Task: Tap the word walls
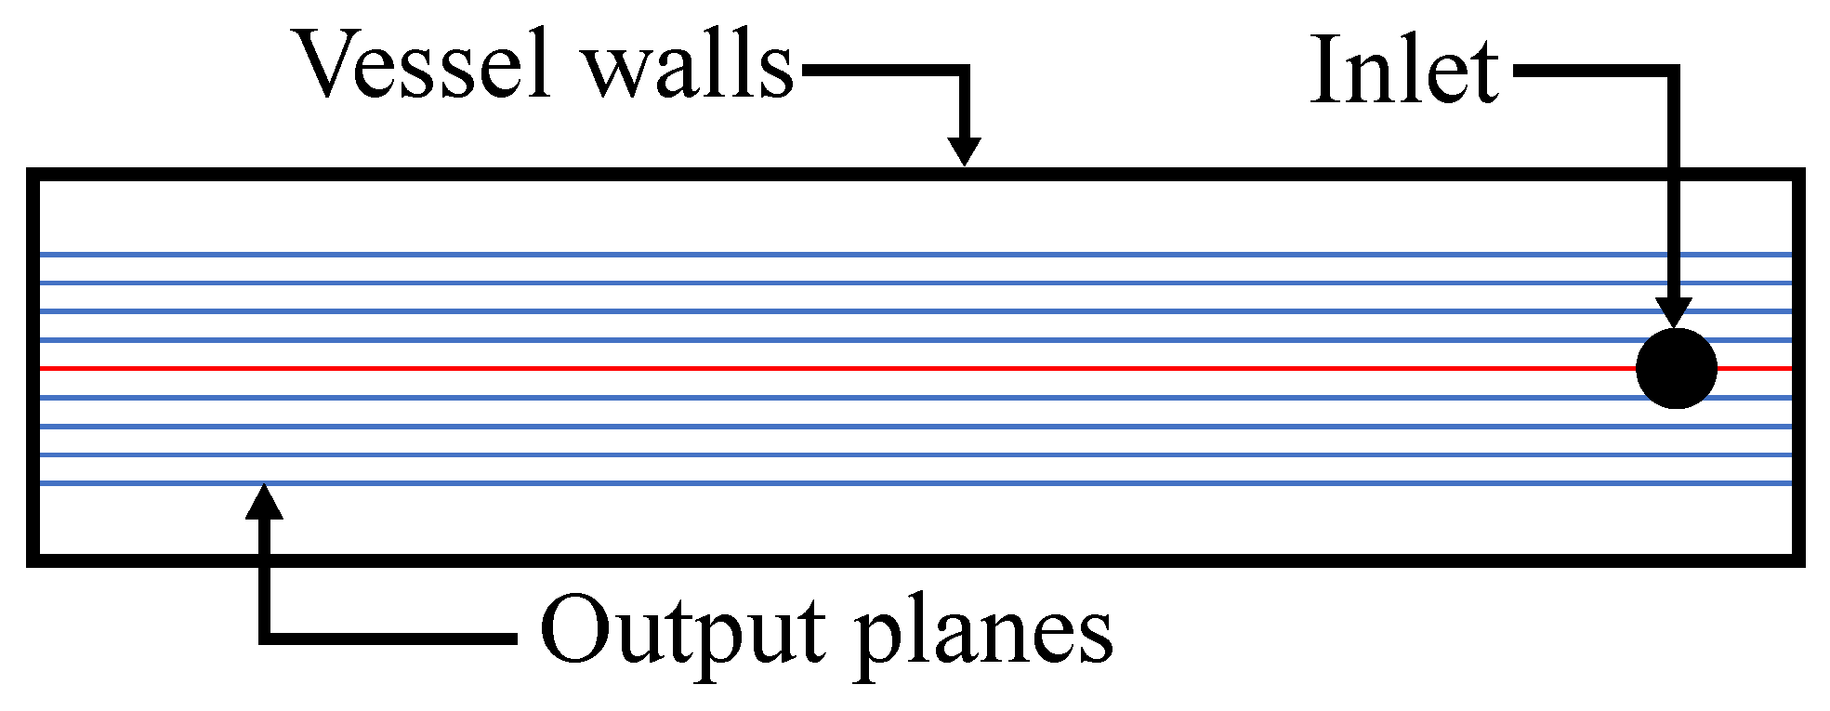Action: pos(689,65)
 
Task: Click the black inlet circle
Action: pos(1676,368)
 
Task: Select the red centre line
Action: pos(836,368)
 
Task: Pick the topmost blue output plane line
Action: pos(836,254)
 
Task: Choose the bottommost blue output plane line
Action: pos(836,483)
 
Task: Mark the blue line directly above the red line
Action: pos(836,340)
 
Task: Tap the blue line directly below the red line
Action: pos(836,397)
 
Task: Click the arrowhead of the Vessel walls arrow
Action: pos(965,151)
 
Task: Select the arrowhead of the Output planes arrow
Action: pos(265,502)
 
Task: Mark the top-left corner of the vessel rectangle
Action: pos(33,175)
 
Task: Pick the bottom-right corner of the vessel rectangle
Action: pos(1797,560)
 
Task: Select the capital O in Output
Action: pos(573,629)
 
